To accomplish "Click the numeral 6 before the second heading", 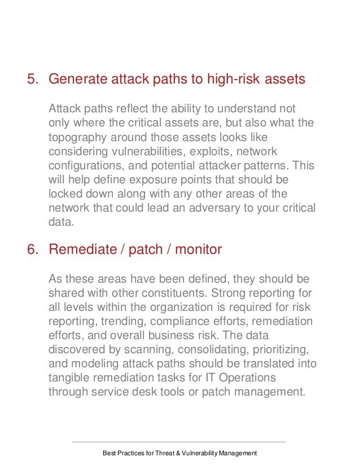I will (32, 250).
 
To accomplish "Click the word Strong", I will (245, 294).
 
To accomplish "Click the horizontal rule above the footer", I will (179, 442).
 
